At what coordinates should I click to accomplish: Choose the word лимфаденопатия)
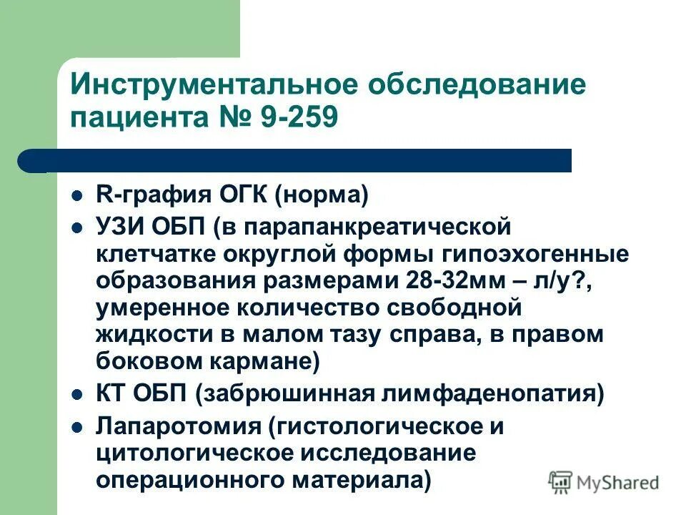tap(505, 393)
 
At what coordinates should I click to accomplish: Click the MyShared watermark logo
tap(605, 481)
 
